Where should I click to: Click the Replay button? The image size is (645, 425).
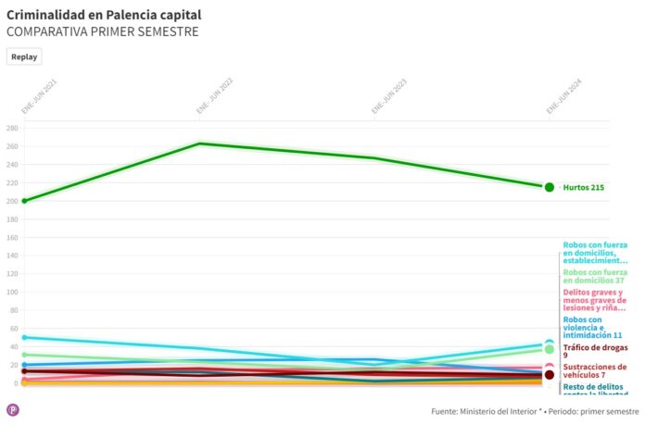[24, 56]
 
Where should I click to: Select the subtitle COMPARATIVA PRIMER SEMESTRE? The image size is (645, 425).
[102, 32]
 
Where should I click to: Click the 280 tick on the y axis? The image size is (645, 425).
[12, 128]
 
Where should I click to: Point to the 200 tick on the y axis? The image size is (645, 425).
[12, 201]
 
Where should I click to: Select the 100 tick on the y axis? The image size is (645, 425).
[12, 292]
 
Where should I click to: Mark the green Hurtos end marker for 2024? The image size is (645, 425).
[550, 187]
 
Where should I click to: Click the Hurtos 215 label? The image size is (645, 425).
[584, 188]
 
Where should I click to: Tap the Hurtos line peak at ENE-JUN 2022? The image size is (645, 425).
[200, 144]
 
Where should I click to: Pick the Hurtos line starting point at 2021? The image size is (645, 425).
[25, 200]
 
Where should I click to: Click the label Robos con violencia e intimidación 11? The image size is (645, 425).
[592, 327]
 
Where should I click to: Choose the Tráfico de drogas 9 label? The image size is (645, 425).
[593, 352]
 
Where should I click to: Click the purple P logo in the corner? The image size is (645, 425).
[13, 409]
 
